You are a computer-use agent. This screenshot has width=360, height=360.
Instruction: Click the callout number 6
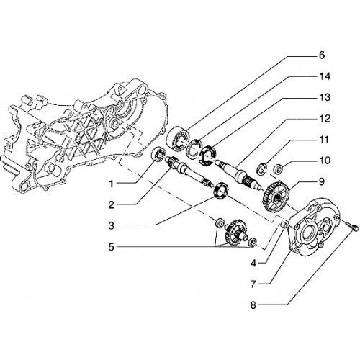pos(322,55)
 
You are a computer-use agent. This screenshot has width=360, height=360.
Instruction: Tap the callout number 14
pos(325,76)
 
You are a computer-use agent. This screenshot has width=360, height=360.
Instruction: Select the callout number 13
pos(325,97)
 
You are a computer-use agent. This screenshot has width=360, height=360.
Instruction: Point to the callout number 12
pos(325,119)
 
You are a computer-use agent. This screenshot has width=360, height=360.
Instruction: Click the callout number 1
pos(111,184)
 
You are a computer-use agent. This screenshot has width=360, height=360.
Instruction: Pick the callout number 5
pos(111,247)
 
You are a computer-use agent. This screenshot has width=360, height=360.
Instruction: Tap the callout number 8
pos(253,305)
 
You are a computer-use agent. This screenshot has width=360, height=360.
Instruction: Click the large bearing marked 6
pos(179,139)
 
